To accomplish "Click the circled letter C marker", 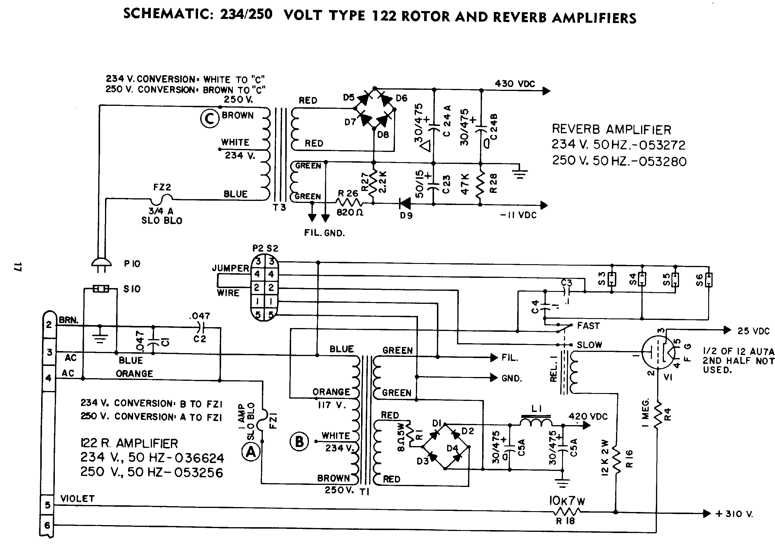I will (x=209, y=119).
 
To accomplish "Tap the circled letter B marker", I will (x=299, y=441).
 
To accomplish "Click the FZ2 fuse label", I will (x=162, y=187).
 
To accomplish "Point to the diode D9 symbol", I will (x=405, y=204).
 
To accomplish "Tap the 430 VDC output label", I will (x=515, y=84).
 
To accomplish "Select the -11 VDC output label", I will (x=518, y=215).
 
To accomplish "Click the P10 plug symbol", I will (x=101, y=264).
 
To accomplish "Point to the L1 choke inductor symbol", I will (x=536, y=422).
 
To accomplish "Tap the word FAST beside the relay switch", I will (x=588, y=326).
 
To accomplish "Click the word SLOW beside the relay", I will (x=589, y=345).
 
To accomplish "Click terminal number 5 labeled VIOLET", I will (x=48, y=504).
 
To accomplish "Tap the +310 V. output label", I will (x=734, y=514).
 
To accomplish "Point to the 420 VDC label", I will (x=588, y=417).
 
